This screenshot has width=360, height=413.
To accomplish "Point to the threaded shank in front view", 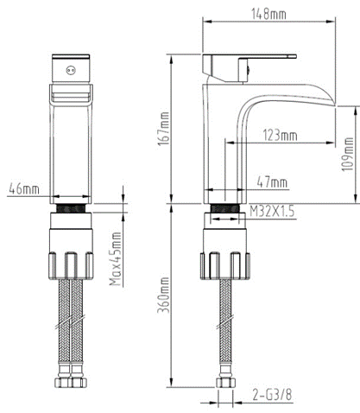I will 71,208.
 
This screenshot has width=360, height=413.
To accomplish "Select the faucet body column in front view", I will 71,147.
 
